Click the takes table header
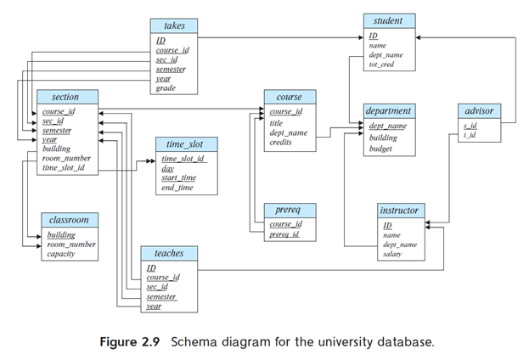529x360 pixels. pyautogui.click(x=174, y=27)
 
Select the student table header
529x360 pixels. pyautogui.click(x=388, y=20)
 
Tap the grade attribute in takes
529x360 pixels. pyautogui.click(x=166, y=87)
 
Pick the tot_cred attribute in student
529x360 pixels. pyautogui.click(x=381, y=65)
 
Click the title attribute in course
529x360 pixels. pyautogui.click(x=276, y=122)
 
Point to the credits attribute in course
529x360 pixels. pyautogui.click(x=280, y=143)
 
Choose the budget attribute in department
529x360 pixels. pyautogui.click(x=380, y=149)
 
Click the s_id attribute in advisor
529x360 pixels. pyautogui.click(x=470, y=126)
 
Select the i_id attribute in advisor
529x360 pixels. pyautogui.click(x=470, y=135)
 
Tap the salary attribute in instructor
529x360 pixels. pyautogui.click(x=392, y=254)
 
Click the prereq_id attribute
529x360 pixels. pyautogui.click(x=284, y=233)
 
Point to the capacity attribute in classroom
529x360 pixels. pyautogui.click(x=61, y=254)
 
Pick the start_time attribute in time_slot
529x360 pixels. pyautogui.click(x=178, y=177)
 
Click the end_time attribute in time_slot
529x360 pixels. pyautogui.click(x=177, y=188)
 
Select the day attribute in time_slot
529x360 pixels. pyautogui.click(x=167, y=168)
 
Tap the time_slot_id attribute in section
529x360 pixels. pyautogui.click(x=64, y=168)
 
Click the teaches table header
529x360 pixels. pyautogui.click(x=168, y=253)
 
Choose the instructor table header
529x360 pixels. pyautogui.click(x=399, y=210)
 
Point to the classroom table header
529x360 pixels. pyautogui.click(x=68, y=219)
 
